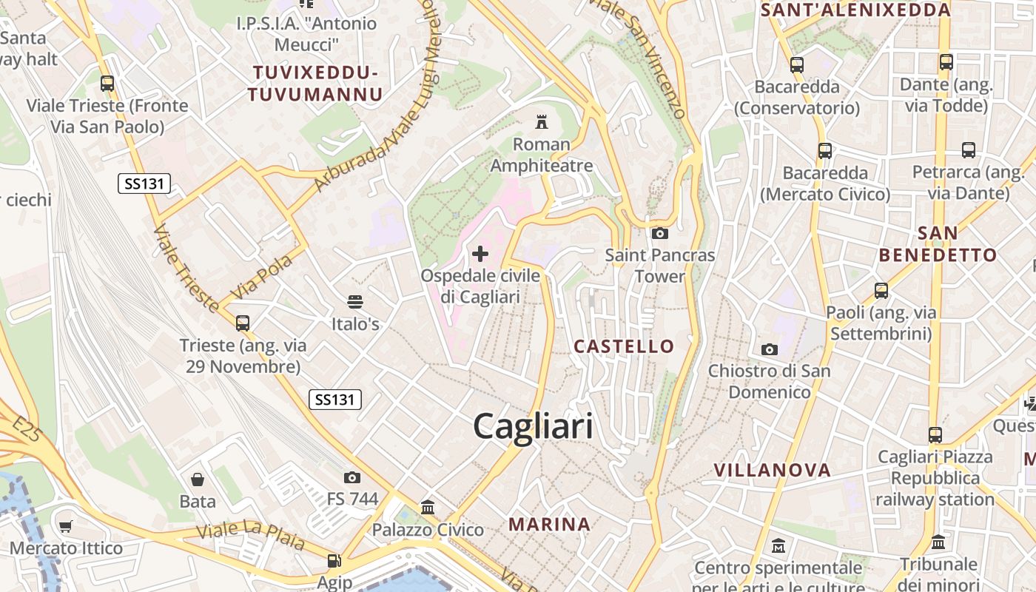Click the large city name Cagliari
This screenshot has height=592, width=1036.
coord(533,427)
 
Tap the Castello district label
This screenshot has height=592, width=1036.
coord(624,346)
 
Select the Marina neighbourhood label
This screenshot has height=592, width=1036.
coord(549,525)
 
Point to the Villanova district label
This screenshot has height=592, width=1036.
coord(772,470)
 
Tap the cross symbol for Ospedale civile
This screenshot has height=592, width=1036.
coord(480,255)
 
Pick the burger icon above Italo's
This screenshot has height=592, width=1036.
coord(355,302)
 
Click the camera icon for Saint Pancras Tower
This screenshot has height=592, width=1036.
coord(659,234)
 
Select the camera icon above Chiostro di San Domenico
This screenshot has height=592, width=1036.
coord(770,349)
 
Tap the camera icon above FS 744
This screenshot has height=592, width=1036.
coord(352,477)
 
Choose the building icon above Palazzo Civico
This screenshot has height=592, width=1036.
coord(428,508)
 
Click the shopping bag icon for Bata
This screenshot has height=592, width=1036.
coord(198,480)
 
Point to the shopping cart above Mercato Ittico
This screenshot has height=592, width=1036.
coord(66,526)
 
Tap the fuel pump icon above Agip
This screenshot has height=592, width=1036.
coord(334,562)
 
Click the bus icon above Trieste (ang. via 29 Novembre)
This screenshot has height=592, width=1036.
coord(242,323)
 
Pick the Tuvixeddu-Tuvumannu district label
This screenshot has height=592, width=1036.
coord(315,84)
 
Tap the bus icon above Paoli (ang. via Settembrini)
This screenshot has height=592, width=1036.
coord(881,291)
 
